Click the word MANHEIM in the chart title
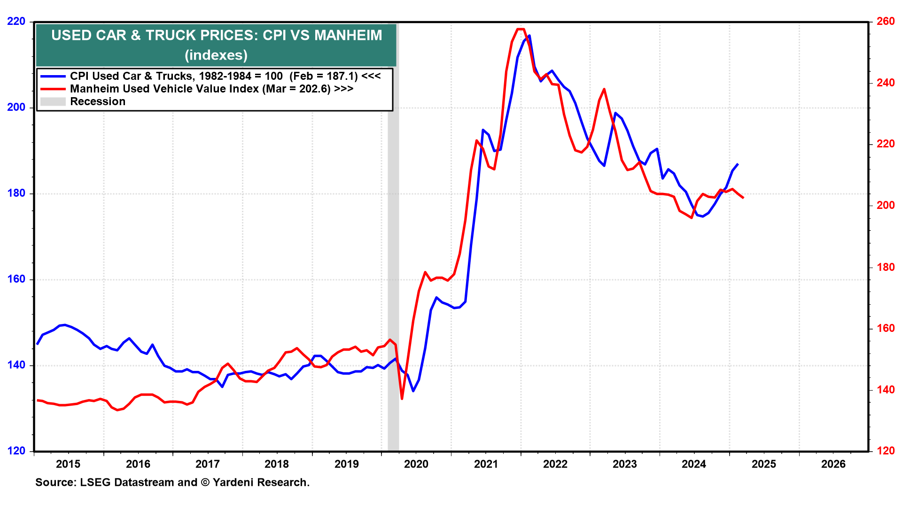[x=348, y=35]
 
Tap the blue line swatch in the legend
[x=53, y=76]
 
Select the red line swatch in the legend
[x=53, y=89]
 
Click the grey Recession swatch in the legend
[x=53, y=101]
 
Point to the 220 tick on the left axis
[x=16, y=22]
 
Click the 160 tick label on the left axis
[x=16, y=279]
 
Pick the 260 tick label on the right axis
[x=886, y=22]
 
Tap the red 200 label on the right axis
[x=886, y=206]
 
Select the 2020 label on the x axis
[x=416, y=464]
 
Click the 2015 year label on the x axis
[x=68, y=464]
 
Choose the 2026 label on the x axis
[x=833, y=464]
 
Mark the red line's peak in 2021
[x=520, y=29]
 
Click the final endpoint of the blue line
[x=738, y=164]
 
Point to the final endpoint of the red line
[x=743, y=198]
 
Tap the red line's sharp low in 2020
[x=402, y=399]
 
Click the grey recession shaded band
[x=393, y=282]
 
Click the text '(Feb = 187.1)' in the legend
[x=324, y=76]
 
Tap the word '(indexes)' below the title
[x=216, y=55]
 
